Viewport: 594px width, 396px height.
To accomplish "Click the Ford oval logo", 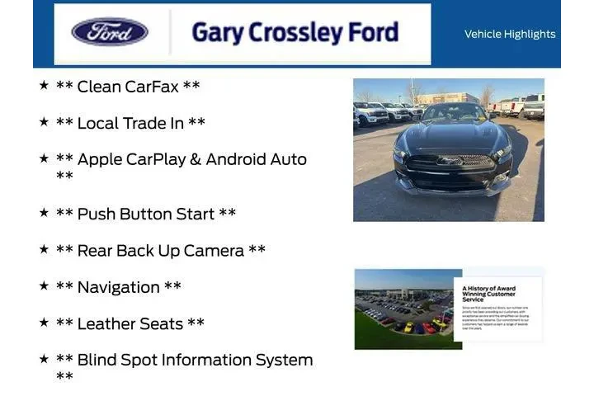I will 110,32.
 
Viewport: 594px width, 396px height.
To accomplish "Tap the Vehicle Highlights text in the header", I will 510,34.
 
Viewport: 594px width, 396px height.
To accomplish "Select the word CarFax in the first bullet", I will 152,87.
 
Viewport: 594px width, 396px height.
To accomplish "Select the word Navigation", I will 118,287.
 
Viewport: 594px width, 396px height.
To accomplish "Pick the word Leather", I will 107,323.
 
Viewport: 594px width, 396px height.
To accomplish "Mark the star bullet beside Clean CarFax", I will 44,85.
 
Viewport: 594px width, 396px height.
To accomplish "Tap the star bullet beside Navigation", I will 44,285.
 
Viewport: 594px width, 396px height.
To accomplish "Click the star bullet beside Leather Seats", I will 44,322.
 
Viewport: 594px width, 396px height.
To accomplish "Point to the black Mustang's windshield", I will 453,113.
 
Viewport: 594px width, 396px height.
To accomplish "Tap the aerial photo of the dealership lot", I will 404,309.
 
